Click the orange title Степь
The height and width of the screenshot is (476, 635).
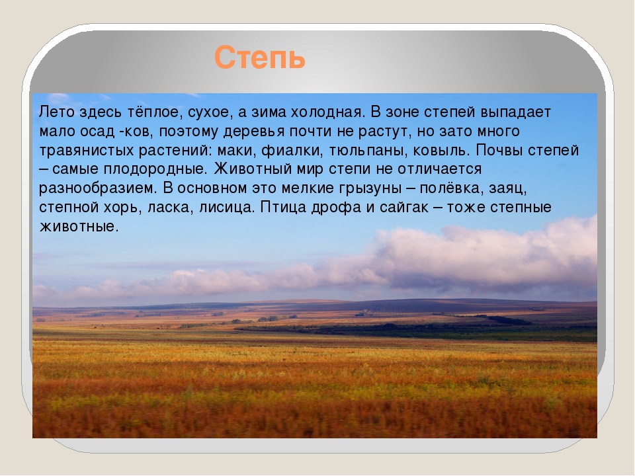(x=259, y=58)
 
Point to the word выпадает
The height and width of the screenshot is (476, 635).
(x=515, y=112)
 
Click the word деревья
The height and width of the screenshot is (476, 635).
(x=257, y=132)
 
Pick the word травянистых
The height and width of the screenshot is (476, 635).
(x=87, y=151)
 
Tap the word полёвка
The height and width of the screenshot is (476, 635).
(x=452, y=188)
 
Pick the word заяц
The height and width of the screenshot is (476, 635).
(x=508, y=188)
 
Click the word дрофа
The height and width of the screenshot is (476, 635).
(x=336, y=208)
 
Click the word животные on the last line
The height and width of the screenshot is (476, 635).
(x=79, y=227)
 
